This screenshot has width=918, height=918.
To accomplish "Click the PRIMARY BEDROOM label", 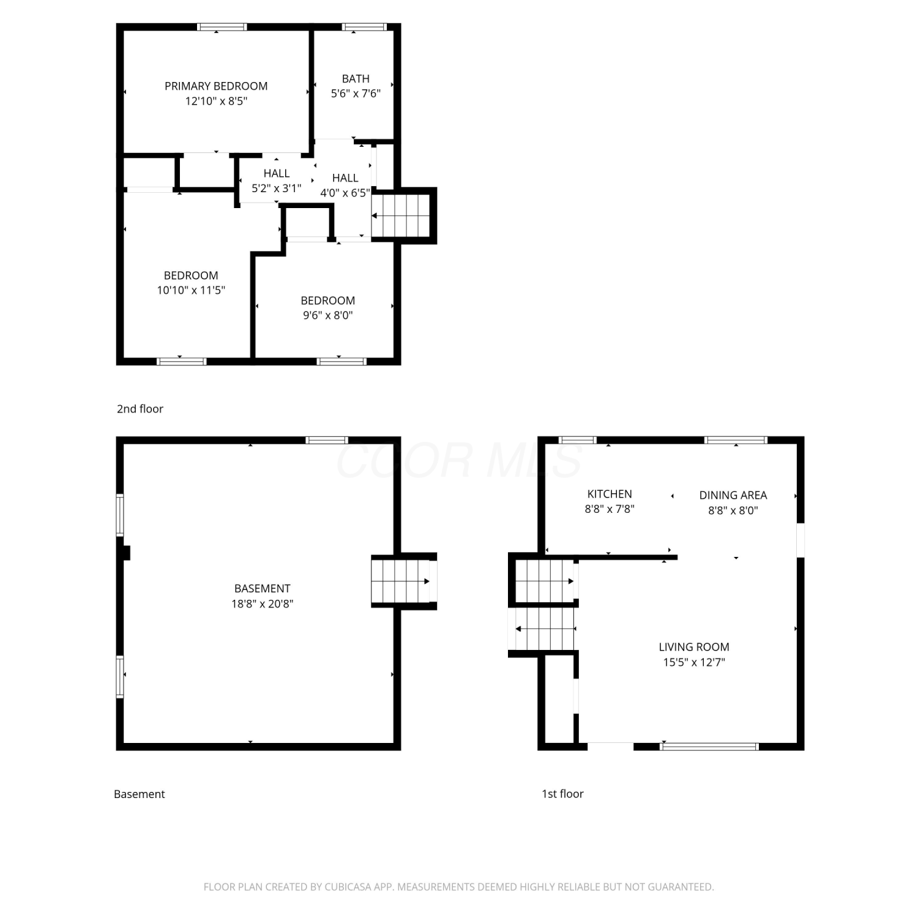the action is pyautogui.click(x=216, y=86).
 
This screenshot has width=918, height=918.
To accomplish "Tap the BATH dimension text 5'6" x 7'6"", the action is pyautogui.click(x=356, y=94).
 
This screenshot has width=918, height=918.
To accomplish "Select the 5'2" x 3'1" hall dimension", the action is pyautogui.click(x=277, y=188).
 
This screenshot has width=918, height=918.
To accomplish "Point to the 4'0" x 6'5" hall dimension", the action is pyautogui.click(x=345, y=193).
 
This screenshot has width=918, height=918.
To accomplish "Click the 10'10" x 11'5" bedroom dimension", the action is pyautogui.click(x=191, y=290).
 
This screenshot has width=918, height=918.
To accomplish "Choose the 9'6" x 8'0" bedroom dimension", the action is pyautogui.click(x=328, y=315).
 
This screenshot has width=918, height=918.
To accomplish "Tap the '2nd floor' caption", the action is pyautogui.click(x=140, y=409).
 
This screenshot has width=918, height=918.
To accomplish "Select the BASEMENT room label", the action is pyautogui.click(x=263, y=589).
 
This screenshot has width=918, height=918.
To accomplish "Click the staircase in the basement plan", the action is pyautogui.click(x=401, y=581).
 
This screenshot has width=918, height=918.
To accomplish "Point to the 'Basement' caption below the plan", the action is pyautogui.click(x=140, y=794).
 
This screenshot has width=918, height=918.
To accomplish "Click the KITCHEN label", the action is pyautogui.click(x=610, y=494).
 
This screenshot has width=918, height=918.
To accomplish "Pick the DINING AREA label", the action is pyautogui.click(x=733, y=495).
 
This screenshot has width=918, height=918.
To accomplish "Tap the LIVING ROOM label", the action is pyautogui.click(x=694, y=647).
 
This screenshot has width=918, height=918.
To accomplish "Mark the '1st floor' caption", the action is pyautogui.click(x=562, y=794).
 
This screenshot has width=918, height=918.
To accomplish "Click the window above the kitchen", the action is pyautogui.click(x=578, y=440).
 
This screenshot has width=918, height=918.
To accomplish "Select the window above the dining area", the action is pyautogui.click(x=736, y=440).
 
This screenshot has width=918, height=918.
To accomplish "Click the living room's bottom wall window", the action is pyautogui.click(x=710, y=747).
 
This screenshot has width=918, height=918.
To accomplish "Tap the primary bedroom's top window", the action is pyautogui.click(x=222, y=27).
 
